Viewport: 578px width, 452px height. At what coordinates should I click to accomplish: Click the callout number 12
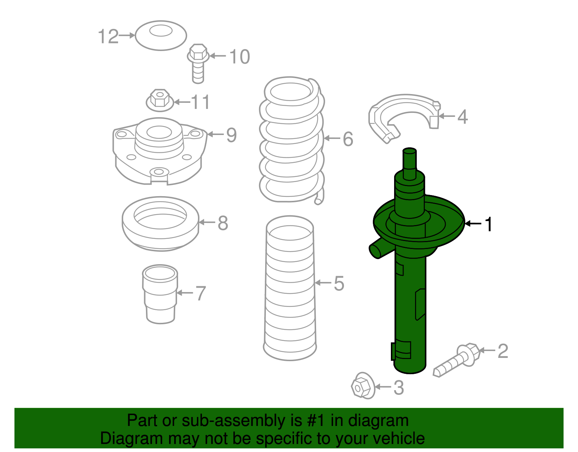(x=108, y=37)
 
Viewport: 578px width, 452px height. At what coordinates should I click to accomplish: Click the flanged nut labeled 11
(x=160, y=100)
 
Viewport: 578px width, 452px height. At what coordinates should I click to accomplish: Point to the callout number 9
(x=232, y=135)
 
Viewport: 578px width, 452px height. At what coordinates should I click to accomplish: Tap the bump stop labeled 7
(x=160, y=294)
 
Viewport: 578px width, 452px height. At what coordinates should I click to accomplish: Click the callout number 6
(x=348, y=139)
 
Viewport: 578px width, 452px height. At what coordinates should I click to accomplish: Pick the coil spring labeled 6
(x=292, y=141)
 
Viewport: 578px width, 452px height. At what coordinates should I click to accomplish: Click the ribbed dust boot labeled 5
(x=290, y=288)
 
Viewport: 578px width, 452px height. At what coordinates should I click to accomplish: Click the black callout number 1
(x=489, y=224)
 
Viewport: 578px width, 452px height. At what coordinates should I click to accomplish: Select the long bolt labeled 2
(x=457, y=360)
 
